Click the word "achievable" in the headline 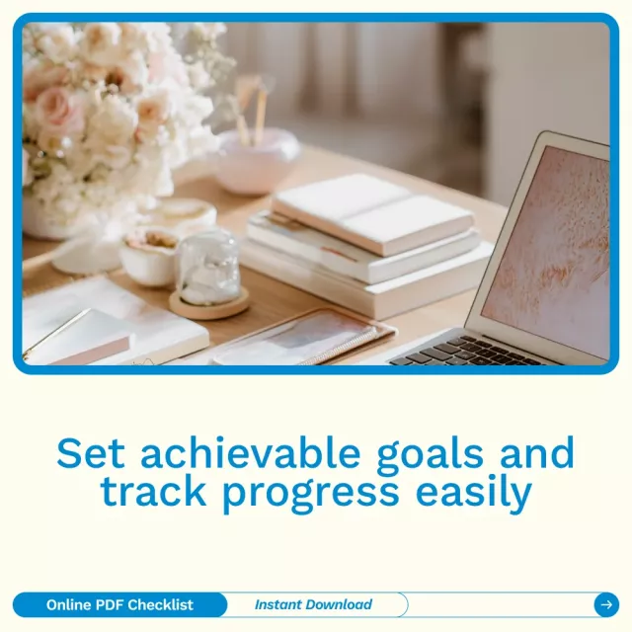[x=250, y=453]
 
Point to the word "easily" [x=474, y=493]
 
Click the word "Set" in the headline [x=90, y=453]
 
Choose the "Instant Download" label [x=313, y=604]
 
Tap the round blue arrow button [x=606, y=604]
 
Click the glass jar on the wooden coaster [x=208, y=268]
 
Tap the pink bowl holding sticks [x=256, y=160]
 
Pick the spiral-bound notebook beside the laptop [x=304, y=338]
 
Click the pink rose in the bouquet [x=53, y=104]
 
